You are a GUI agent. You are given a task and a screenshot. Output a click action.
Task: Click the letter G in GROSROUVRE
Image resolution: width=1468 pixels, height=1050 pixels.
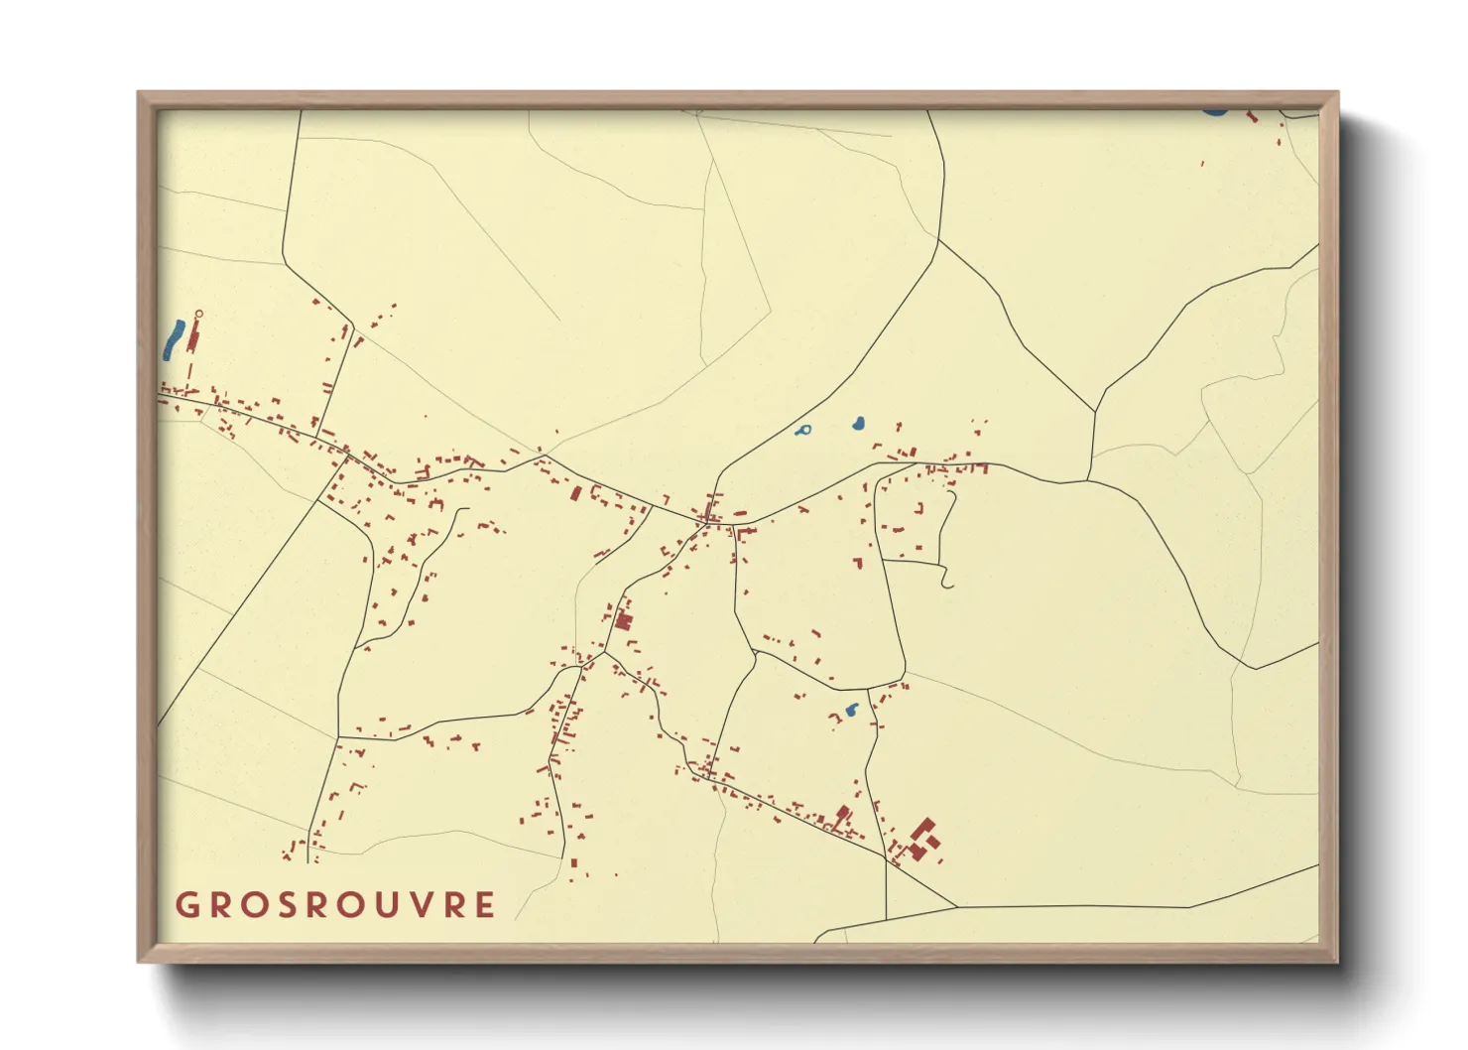[x=187, y=905]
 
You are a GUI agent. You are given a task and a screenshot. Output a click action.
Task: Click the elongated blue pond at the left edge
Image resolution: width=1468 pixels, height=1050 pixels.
[x=173, y=338]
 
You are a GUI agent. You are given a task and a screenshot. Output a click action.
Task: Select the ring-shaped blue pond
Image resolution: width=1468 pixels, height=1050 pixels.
[x=804, y=431]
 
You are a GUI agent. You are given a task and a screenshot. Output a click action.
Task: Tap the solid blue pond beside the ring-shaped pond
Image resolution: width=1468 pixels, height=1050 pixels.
[x=857, y=424]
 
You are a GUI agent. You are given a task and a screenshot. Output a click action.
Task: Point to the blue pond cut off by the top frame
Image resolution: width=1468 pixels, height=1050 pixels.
[x=1214, y=111]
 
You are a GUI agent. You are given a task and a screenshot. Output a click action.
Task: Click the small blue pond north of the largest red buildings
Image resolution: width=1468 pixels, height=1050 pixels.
[x=850, y=711]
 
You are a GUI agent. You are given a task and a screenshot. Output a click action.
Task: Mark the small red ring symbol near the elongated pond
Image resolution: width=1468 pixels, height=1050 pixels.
[x=198, y=315]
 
